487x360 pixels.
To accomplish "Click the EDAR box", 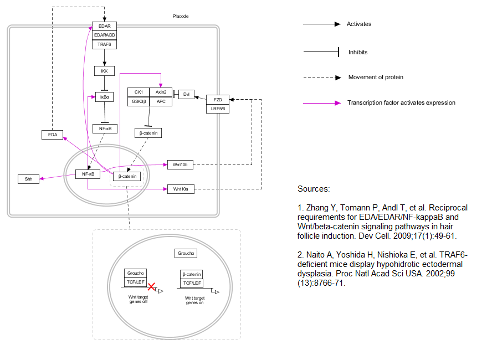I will point(104,26).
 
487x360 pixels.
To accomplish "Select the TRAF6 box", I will point(104,44).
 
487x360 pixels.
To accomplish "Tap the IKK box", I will point(104,71).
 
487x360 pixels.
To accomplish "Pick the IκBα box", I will point(104,97).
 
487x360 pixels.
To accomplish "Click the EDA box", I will point(53,135).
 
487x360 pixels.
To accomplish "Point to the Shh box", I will point(28,179).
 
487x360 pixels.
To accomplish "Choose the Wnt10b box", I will point(181,164).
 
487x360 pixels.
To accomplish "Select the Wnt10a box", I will point(181,189).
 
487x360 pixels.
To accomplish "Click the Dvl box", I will point(186,94).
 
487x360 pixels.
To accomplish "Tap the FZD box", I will point(217,100).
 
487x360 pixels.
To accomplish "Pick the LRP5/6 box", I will point(217,109).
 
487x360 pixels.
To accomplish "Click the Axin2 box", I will point(161,92).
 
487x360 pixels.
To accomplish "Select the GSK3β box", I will point(139,101).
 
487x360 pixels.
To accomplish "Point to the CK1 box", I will point(139,92).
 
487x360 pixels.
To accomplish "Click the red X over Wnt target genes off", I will point(151,285).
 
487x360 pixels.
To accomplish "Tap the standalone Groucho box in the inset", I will point(186,254).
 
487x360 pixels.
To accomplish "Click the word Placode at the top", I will point(181,17).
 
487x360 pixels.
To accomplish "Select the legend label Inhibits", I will point(358,53).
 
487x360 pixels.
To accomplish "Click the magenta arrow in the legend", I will point(321,103).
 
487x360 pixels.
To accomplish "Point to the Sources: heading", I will point(314,189).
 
